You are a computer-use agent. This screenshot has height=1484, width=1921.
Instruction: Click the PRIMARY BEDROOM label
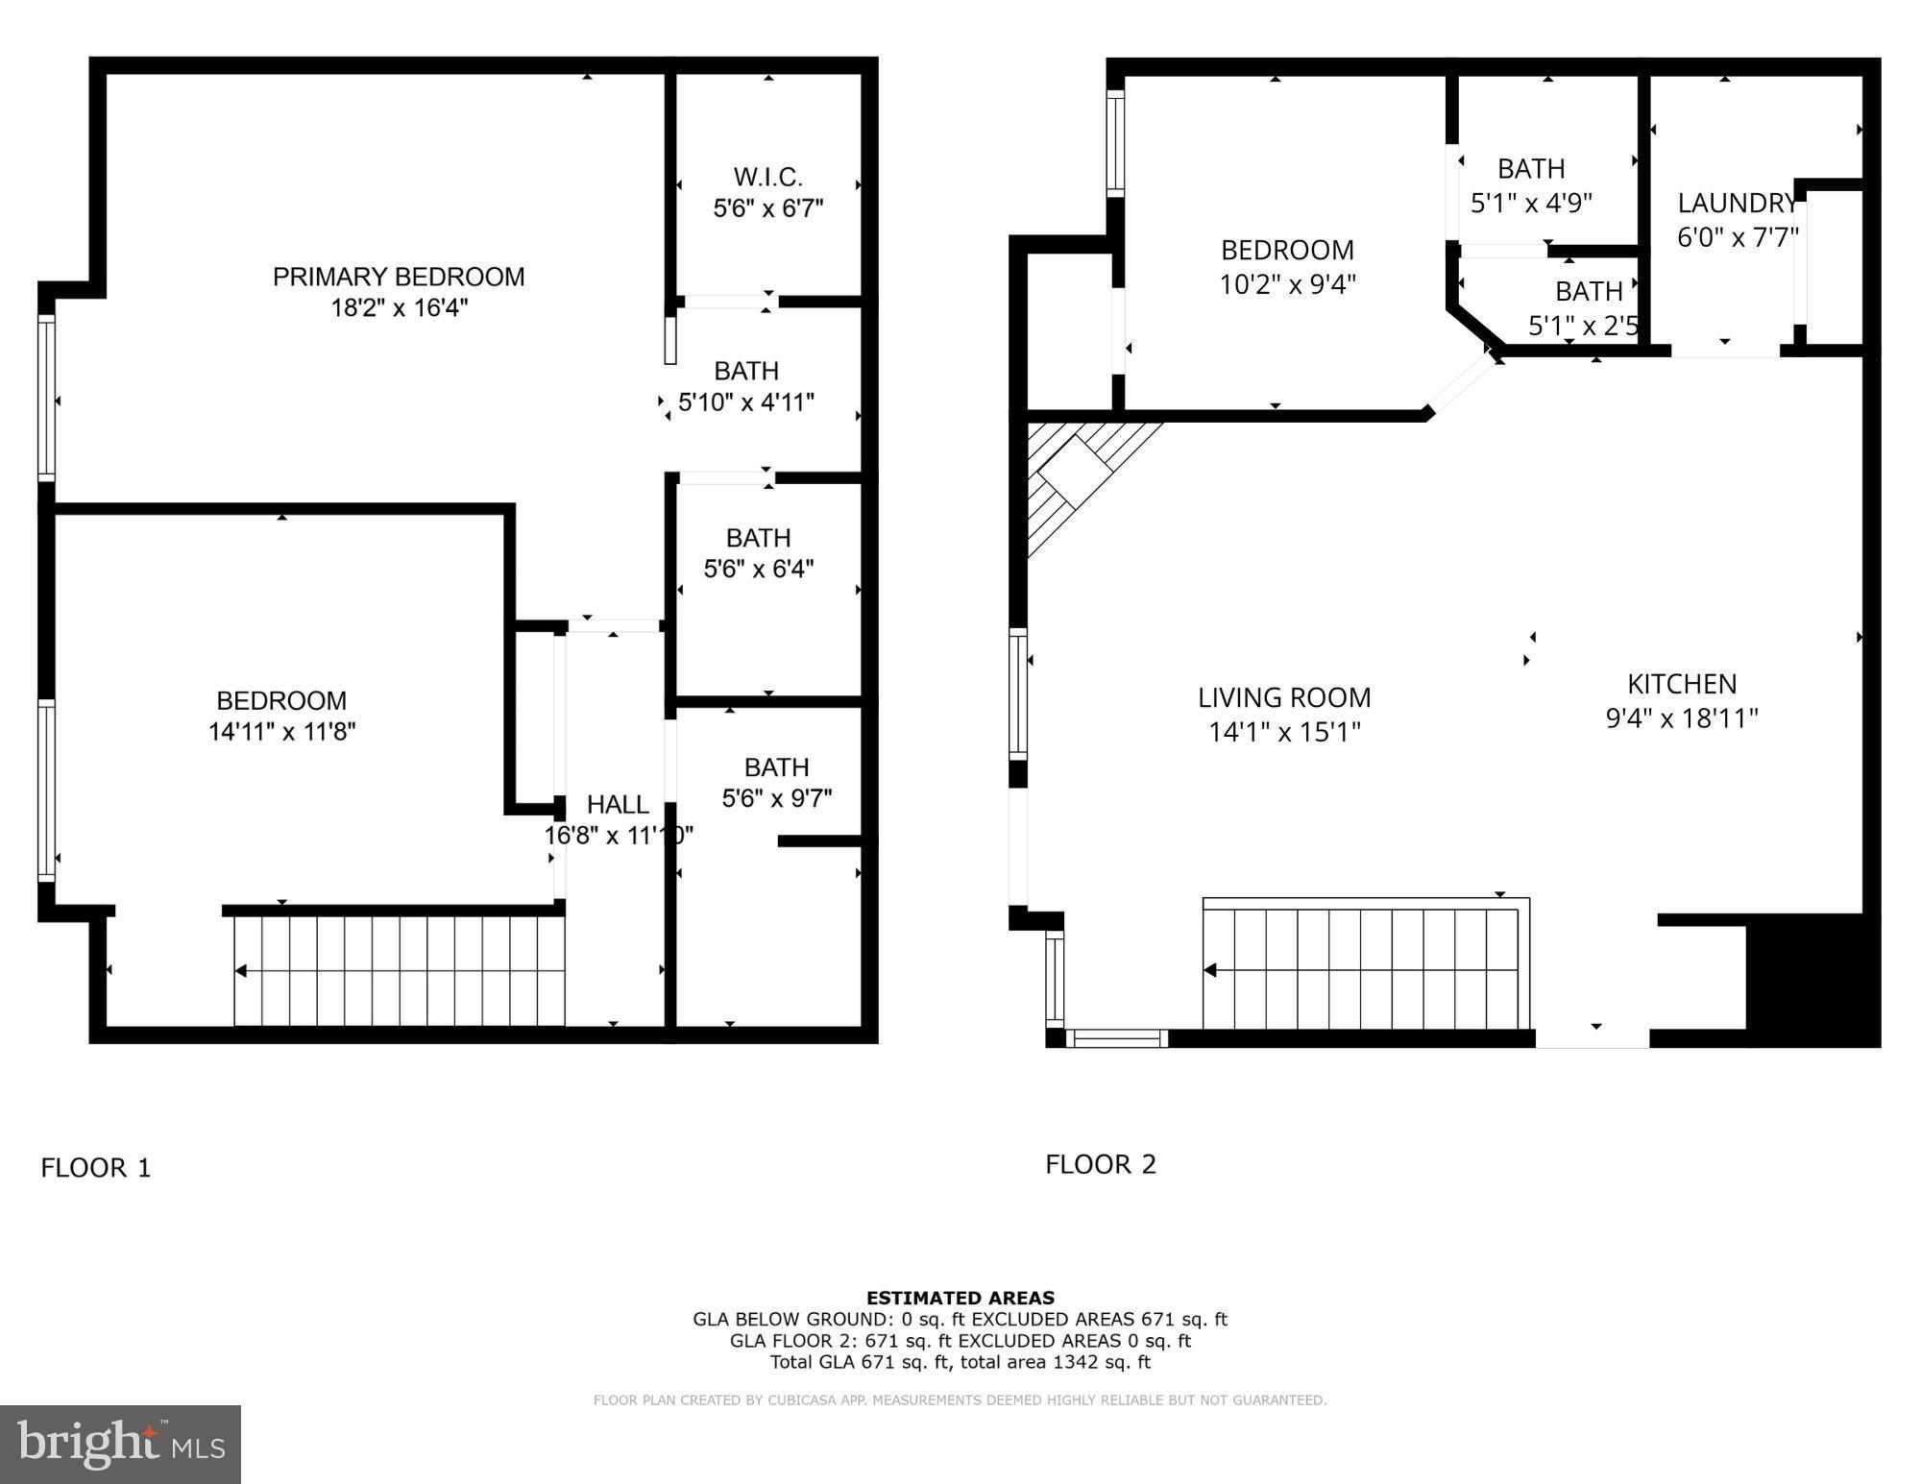399,277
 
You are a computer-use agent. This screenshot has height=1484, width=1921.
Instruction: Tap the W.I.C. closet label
767,177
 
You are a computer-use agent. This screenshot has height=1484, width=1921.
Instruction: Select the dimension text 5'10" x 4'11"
746,402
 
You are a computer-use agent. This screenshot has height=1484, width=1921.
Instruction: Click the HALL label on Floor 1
618,805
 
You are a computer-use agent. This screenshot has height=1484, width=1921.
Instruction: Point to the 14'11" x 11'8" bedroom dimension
281,732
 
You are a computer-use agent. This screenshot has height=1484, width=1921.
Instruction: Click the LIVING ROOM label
1284,697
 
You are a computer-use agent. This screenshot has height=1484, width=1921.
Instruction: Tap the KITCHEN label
1682,684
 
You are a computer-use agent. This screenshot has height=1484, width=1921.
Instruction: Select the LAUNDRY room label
1737,204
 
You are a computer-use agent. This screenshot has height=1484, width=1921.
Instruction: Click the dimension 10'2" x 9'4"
1287,284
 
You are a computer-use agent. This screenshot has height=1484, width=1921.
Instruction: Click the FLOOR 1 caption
96,1168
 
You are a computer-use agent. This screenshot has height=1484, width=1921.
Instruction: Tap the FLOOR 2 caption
1101,1164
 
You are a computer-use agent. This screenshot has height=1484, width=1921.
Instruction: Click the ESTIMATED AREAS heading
960,1298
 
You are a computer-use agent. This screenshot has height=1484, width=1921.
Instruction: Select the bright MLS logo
120,1444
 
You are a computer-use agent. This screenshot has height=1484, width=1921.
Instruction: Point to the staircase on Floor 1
399,970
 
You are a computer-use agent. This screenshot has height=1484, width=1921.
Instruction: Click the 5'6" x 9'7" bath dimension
776,798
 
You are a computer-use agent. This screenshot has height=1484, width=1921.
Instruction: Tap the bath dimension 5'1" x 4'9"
1531,203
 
